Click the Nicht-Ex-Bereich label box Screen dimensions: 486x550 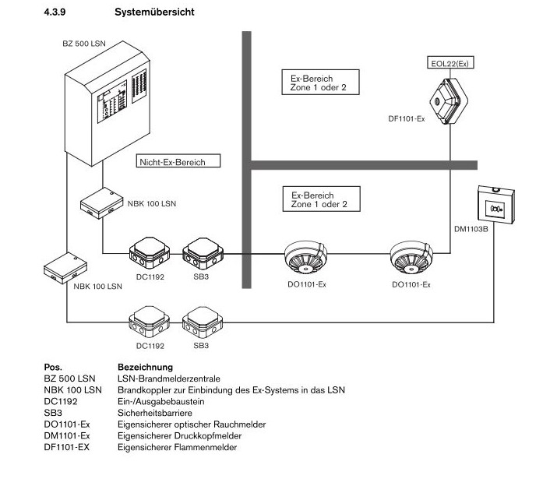point(178,161)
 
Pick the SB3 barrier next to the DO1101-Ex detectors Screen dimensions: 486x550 point(201,251)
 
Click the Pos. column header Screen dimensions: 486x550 point(53,367)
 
